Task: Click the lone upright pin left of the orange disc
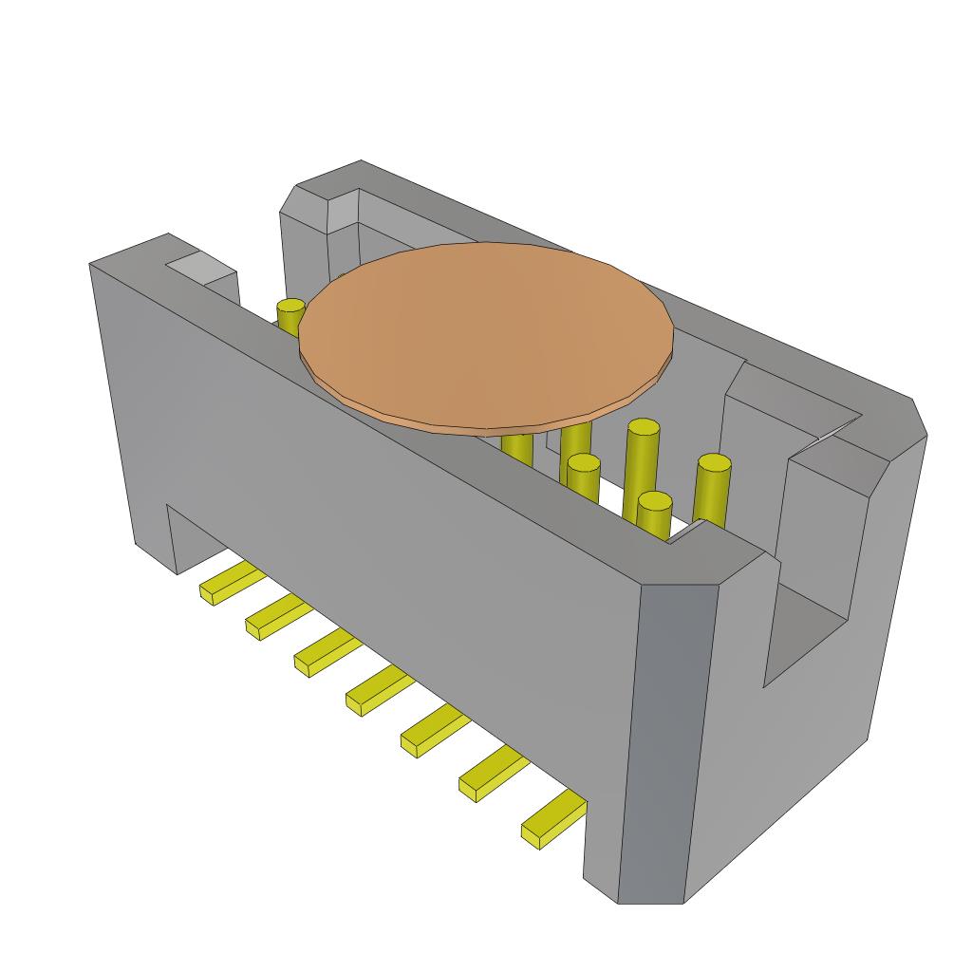pyautogui.click(x=290, y=312)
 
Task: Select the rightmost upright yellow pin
pyautogui.click(x=712, y=492)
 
